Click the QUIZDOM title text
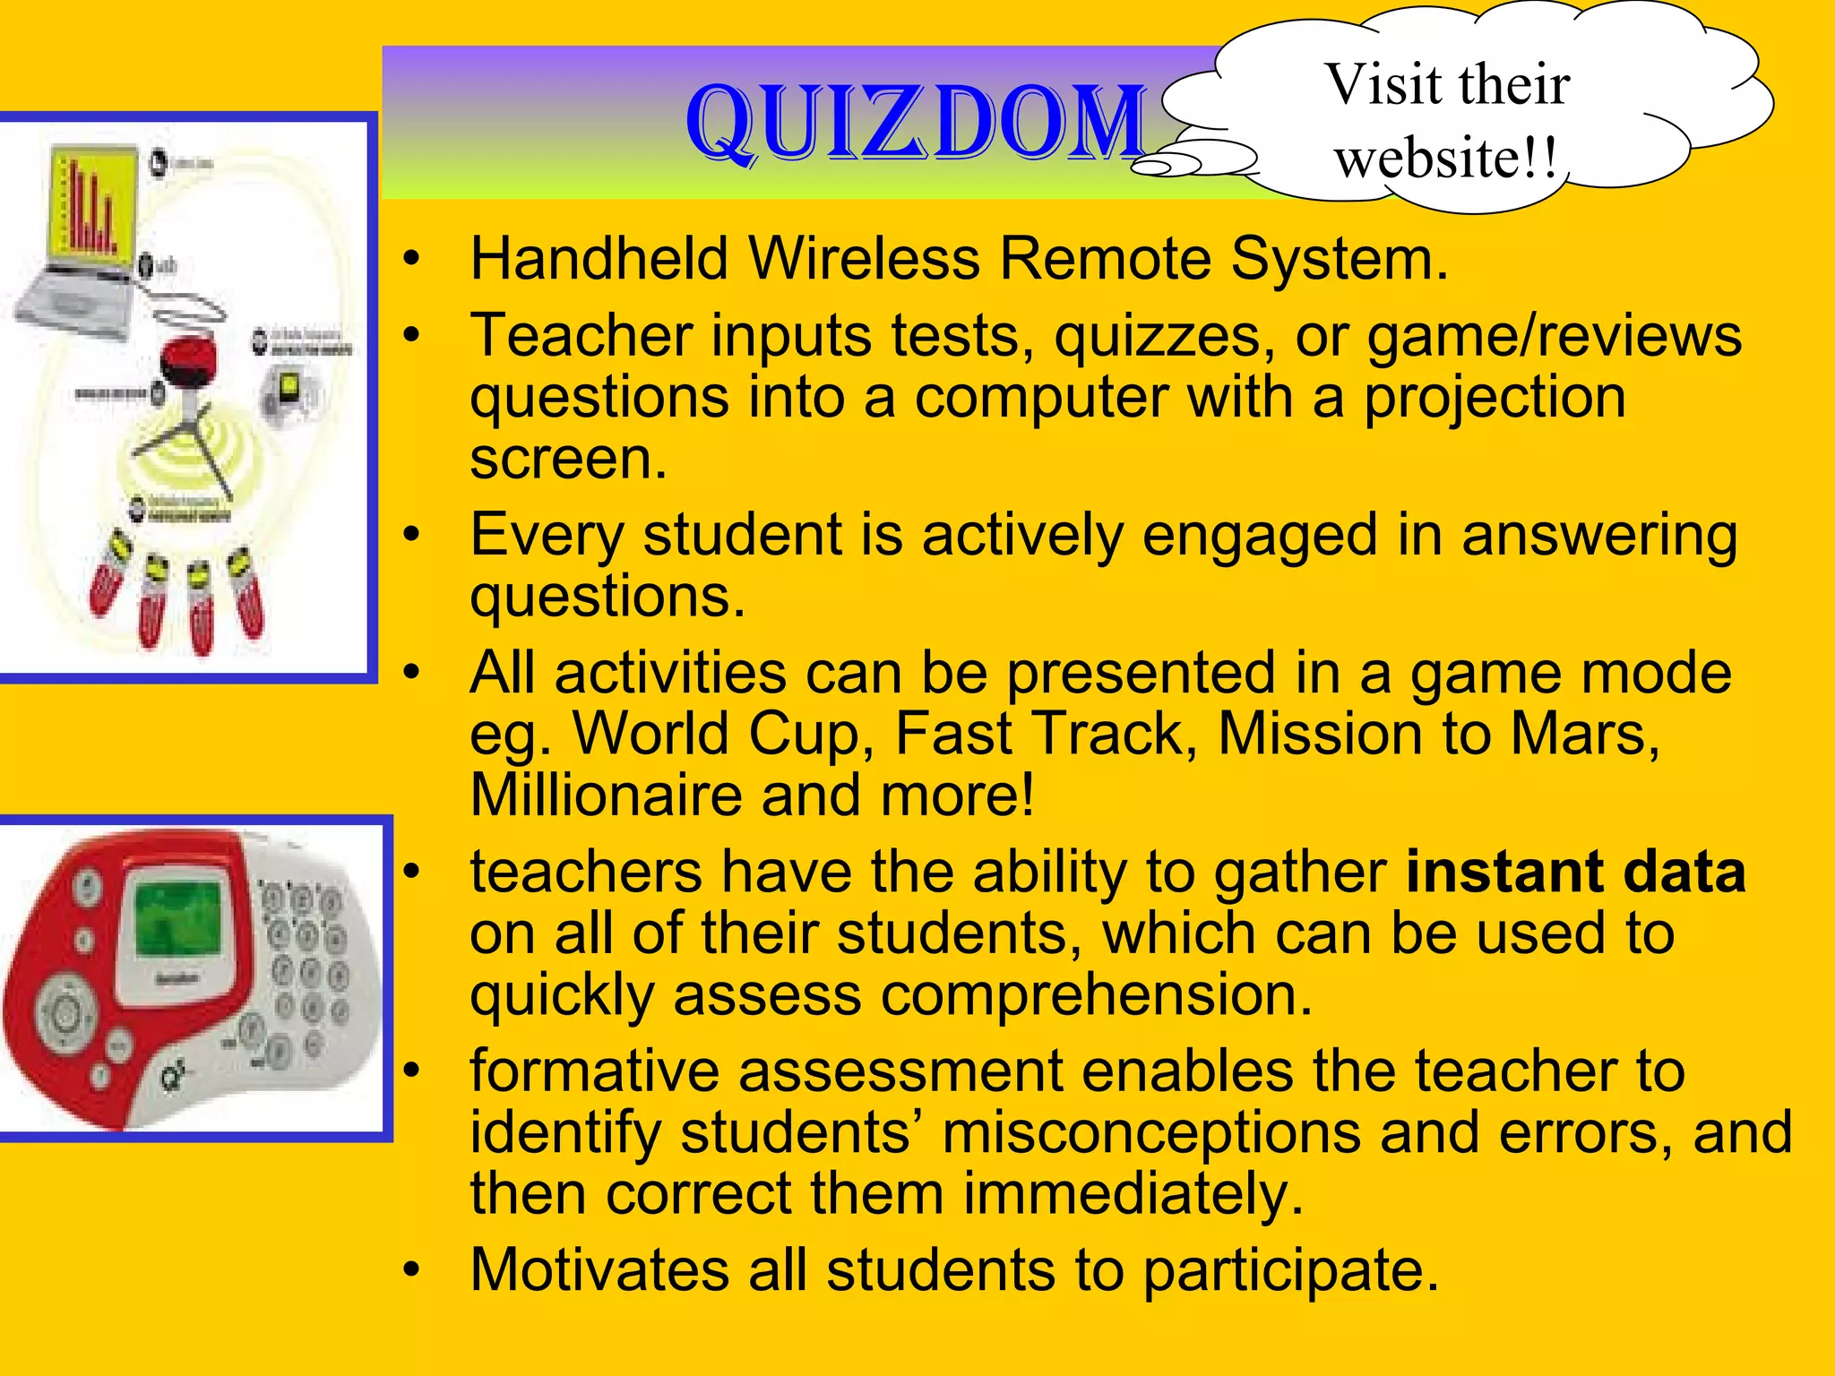(916, 124)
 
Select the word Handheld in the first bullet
(599, 259)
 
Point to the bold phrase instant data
(1575, 872)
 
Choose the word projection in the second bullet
(1495, 397)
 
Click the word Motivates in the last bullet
(599, 1269)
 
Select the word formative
(594, 1071)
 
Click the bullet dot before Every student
(411, 535)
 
